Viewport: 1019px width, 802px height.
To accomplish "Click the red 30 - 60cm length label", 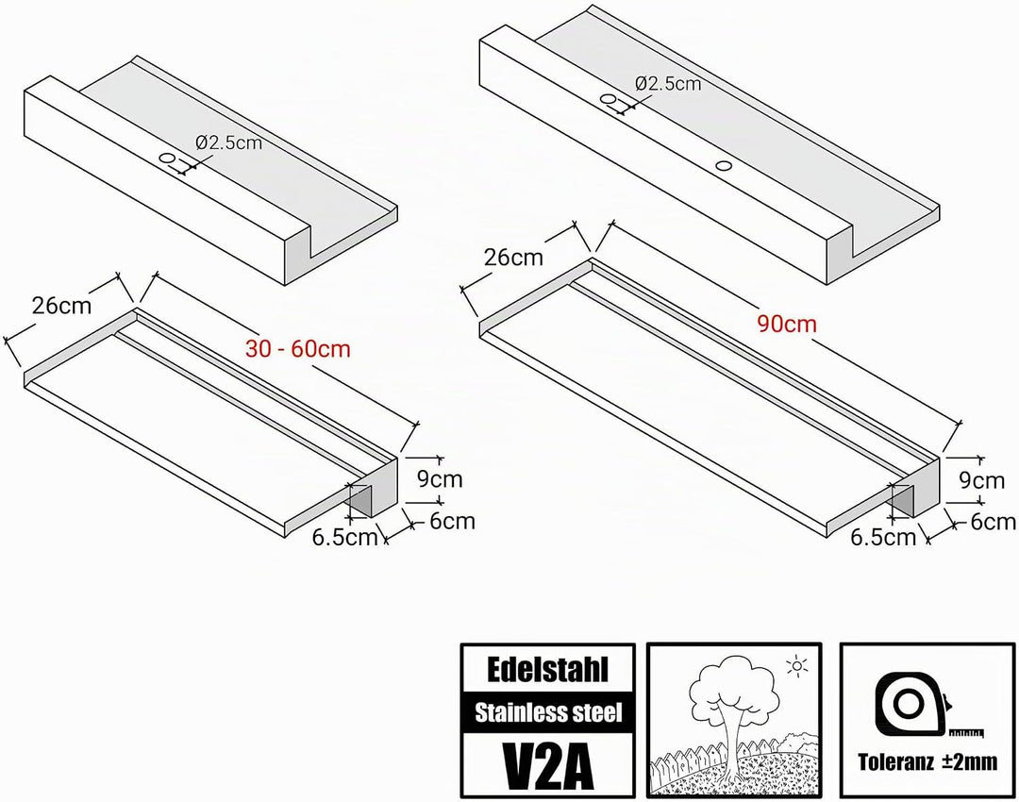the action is click(297, 349).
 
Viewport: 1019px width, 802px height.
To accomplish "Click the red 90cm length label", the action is click(786, 323).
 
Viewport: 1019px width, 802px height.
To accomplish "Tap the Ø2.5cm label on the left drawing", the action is click(228, 142).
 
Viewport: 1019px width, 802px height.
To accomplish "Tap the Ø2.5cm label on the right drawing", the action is click(668, 83).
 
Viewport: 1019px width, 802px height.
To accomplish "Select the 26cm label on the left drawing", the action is click(61, 305).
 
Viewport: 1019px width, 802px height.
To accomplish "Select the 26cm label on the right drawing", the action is click(513, 258).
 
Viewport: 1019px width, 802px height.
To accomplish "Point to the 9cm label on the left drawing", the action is click(440, 479).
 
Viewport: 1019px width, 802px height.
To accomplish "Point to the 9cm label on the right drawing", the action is click(982, 480).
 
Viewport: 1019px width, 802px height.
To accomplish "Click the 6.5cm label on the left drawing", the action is click(345, 538).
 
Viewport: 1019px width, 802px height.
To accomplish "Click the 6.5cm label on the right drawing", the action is click(883, 537).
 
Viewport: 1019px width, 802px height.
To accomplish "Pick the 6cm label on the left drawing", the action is click(452, 521).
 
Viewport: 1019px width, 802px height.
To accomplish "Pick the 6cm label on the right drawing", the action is click(993, 521).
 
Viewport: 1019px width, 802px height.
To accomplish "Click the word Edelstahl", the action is click(547, 669).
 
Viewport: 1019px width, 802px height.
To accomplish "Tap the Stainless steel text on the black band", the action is click(548, 713).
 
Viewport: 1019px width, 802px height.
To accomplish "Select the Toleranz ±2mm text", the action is click(927, 761).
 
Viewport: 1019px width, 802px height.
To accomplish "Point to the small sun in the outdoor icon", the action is click(796, 666).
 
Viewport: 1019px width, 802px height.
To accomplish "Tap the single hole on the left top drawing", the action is click(168, 158).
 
